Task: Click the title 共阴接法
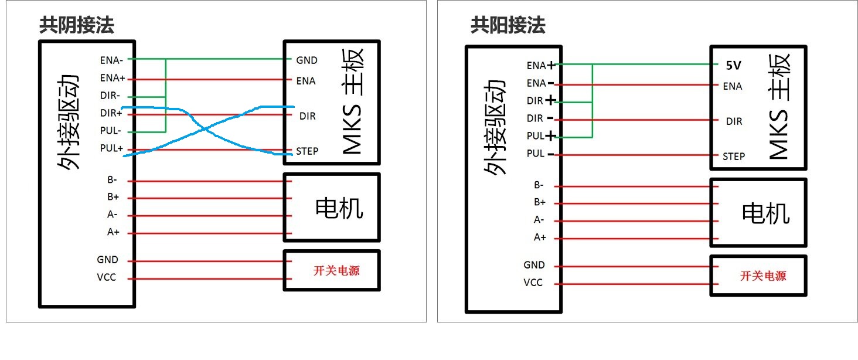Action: pos(77,25)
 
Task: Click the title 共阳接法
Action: pos(508,25)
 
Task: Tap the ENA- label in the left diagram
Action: pos(111,60)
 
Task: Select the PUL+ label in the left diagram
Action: pos(111,148)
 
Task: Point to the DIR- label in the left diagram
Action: pos(110,95)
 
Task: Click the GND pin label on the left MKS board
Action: pos(307,60)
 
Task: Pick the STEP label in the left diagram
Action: pos(307,151)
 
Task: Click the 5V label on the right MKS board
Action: pos(734,66)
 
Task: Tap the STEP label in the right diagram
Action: pos(734,157)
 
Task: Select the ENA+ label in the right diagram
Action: pos(541,66)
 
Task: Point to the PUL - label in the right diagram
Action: pos(540,154)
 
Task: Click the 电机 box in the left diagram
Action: pos(332,208)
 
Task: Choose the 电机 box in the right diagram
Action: pos(758,213)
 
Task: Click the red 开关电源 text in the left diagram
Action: pos(336,271)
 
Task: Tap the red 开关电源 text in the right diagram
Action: pos(764,276)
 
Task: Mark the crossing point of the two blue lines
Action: pos(205,130)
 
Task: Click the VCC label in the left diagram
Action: pos(107,277)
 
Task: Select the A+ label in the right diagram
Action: pos(540,237)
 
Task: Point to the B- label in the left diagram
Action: pos(112,179)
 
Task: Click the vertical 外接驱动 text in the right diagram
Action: pos(495,128)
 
